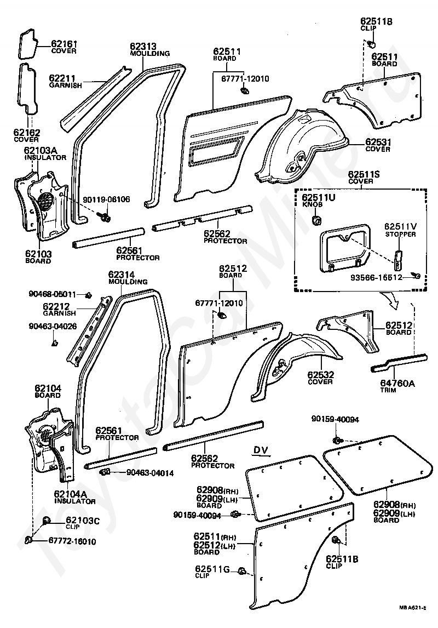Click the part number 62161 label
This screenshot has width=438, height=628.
click(x=64, y=44)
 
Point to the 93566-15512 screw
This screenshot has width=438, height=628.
click(x=417, y=276)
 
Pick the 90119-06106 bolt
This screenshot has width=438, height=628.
click(x=106, y=216)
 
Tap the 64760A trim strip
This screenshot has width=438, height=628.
click(x=399, y=362)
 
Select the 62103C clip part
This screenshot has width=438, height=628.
click(x=47, y=521)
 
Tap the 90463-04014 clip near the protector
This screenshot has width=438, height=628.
click(x=105, y=471)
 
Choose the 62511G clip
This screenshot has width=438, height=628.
click(x=241, y=570)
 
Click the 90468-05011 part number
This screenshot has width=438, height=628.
click(x=53, y=294)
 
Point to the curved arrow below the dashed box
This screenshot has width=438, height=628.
click(x=389, y=300)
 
